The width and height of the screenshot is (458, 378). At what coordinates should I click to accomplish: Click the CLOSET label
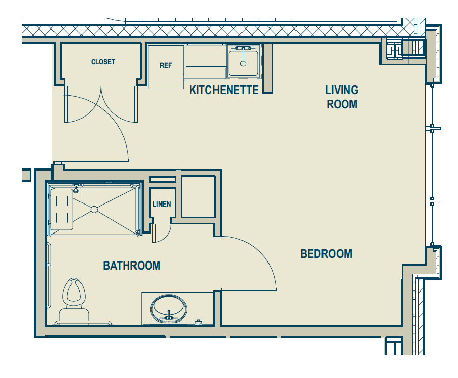click(103, 62)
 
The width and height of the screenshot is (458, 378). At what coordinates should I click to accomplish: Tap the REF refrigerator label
click(166, 65)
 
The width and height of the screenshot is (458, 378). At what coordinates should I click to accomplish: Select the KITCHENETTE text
click(224, 90)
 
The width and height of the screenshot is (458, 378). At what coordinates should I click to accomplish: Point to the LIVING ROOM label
click(342, 97)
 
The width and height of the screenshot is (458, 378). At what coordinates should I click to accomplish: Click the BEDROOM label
click(326, 254)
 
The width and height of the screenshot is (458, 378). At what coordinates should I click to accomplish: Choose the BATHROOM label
click(132, 266)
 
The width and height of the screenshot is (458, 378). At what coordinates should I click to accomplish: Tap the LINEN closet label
click(162, 204)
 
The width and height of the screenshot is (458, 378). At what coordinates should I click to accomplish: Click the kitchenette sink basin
click(244, 63)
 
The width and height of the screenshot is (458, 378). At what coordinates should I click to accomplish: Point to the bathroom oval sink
click(169, 309)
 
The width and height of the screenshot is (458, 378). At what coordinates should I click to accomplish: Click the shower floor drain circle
click(94, 210)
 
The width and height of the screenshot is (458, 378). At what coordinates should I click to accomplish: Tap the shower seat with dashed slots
click(62, 210)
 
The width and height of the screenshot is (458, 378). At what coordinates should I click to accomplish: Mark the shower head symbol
click(76, 189)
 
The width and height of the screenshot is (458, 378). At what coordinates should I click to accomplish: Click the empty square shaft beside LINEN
click(198, 196)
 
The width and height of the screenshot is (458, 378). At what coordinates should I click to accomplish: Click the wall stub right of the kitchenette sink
click(267, 68)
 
